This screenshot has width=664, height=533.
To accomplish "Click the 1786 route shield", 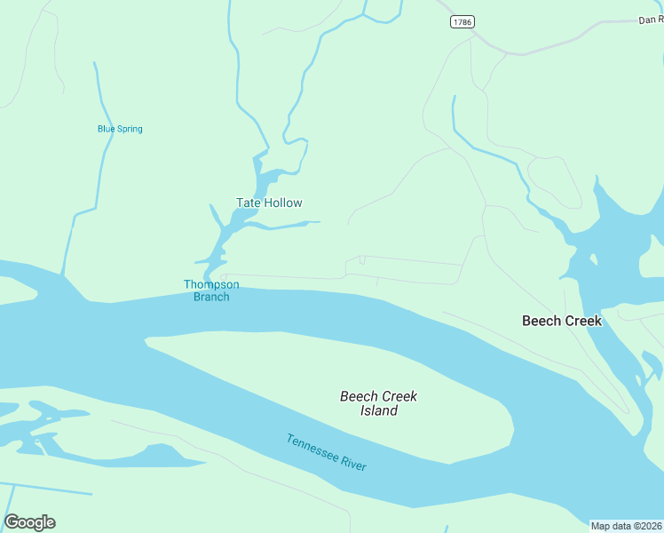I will pos(461,22).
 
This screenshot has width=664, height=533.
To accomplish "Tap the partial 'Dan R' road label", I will pos(651,20).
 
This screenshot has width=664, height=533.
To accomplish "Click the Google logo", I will pos(29,522).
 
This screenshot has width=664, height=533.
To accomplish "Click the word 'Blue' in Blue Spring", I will pos(107,129).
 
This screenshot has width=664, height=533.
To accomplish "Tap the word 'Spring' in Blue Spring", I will pos(130,129).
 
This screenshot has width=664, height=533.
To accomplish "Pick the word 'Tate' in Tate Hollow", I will pos(249,203).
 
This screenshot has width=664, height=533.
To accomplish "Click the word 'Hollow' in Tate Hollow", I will pos(283,203).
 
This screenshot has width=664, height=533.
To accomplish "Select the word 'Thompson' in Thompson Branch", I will pos(211,284).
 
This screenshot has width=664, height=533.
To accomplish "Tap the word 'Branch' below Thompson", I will pos(211,297).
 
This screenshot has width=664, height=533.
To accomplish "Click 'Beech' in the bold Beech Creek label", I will pos(541,321).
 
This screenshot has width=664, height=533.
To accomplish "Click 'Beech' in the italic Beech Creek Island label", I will pos(359,396).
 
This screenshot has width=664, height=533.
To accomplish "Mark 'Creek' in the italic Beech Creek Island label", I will pos(399,396).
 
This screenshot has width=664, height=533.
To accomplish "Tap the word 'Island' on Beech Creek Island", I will pos(379,410).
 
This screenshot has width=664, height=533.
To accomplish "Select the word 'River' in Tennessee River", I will pos(353,463).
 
